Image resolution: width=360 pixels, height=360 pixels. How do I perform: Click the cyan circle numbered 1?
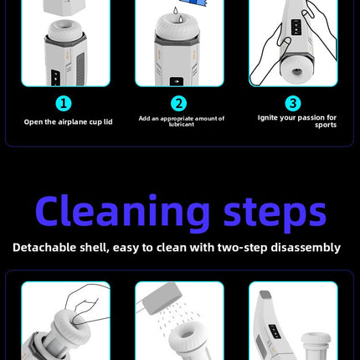(64, 104)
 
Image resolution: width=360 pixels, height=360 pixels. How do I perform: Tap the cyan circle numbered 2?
(178, 104)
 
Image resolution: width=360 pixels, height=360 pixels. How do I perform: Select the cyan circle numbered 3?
(293, 104)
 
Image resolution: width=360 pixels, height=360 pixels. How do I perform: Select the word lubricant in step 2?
(182, 125)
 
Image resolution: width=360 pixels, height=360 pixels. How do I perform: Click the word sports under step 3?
(326, 125)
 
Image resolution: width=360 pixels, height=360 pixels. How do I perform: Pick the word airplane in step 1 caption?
(73, 122)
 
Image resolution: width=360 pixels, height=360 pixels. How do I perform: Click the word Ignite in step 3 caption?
(267, 118)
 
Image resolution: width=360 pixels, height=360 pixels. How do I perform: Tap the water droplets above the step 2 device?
(177, 14)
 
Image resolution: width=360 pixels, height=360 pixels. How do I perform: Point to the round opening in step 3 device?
(296, 71)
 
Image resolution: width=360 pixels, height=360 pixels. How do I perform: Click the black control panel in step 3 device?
(296, 28)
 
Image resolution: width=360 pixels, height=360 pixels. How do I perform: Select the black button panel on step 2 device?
(177, 81)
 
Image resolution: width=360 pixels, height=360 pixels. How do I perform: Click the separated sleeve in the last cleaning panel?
(316, 346)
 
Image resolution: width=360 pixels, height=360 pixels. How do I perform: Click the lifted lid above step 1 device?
(63, 7)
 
